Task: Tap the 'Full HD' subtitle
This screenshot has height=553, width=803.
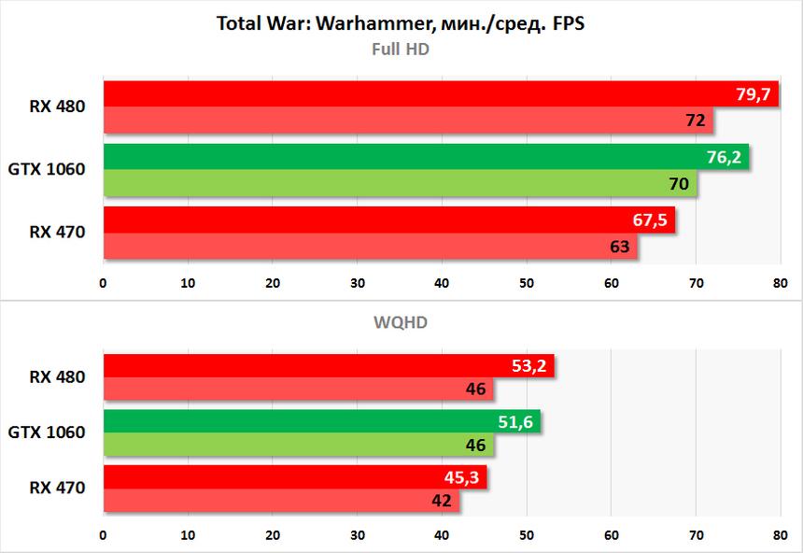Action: click(401, 50)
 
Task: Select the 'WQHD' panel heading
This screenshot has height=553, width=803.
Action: click(401, 322)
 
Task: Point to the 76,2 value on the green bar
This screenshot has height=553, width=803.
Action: click(724, 157)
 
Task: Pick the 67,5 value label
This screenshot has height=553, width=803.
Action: click(650, 220)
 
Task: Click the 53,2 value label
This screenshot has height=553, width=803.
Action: click(529, 366)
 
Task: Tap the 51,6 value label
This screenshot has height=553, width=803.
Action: click(515, 422)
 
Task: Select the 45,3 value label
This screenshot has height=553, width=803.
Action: click(462, 478)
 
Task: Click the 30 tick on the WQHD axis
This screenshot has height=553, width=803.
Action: click(358, 536)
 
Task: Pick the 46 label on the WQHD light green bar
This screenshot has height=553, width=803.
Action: click(476, 446)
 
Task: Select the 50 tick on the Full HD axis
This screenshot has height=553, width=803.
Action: click(527, 282)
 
